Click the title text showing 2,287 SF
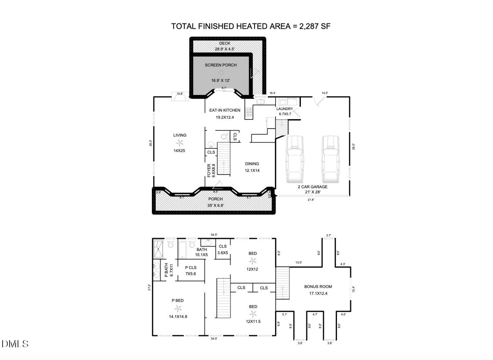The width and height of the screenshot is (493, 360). point(251,26)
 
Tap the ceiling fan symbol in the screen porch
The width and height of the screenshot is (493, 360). point(221,72)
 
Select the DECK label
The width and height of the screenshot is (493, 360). point(225,43)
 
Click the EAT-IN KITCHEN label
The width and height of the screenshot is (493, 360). point(225,110)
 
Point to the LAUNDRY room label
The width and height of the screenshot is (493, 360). point(285,109)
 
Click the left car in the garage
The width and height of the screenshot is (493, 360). point(294,159)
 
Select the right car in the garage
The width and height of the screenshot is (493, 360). point(330,159)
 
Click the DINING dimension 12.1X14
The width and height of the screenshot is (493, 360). point(252,170)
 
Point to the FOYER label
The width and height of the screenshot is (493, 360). point(209,170)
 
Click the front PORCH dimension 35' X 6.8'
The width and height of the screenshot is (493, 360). point(215,205)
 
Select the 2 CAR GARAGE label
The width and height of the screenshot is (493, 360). point(312,187)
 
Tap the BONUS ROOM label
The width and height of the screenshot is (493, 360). point(318,287)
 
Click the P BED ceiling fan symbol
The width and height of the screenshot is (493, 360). point(178,308)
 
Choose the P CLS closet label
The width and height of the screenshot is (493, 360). point(190,268)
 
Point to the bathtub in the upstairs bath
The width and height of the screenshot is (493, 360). point(182,249)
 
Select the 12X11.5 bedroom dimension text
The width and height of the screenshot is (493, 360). point(253,322)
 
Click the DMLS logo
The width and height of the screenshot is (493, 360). point(15,344)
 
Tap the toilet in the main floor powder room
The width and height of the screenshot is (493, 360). point(224,137)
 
